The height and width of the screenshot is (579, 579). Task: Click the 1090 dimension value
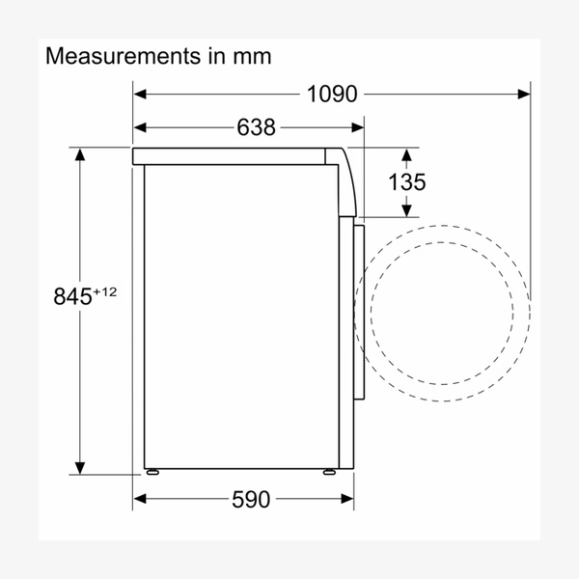click(x=332, y=95)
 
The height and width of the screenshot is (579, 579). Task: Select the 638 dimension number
click(x=256, y=127)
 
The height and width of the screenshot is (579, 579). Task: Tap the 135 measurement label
click(x=406, y=182)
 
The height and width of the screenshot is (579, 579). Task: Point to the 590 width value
click(x=251, y=499)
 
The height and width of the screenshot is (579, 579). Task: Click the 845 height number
click(x=72, y=296)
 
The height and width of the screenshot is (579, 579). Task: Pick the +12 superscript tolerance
click(x=104, y=292)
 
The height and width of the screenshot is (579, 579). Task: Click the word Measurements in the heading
click(x=123, y=56)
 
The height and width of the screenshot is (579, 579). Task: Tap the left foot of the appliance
click(x=152, y=472)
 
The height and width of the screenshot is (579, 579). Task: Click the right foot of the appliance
click(x=329, y=472)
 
